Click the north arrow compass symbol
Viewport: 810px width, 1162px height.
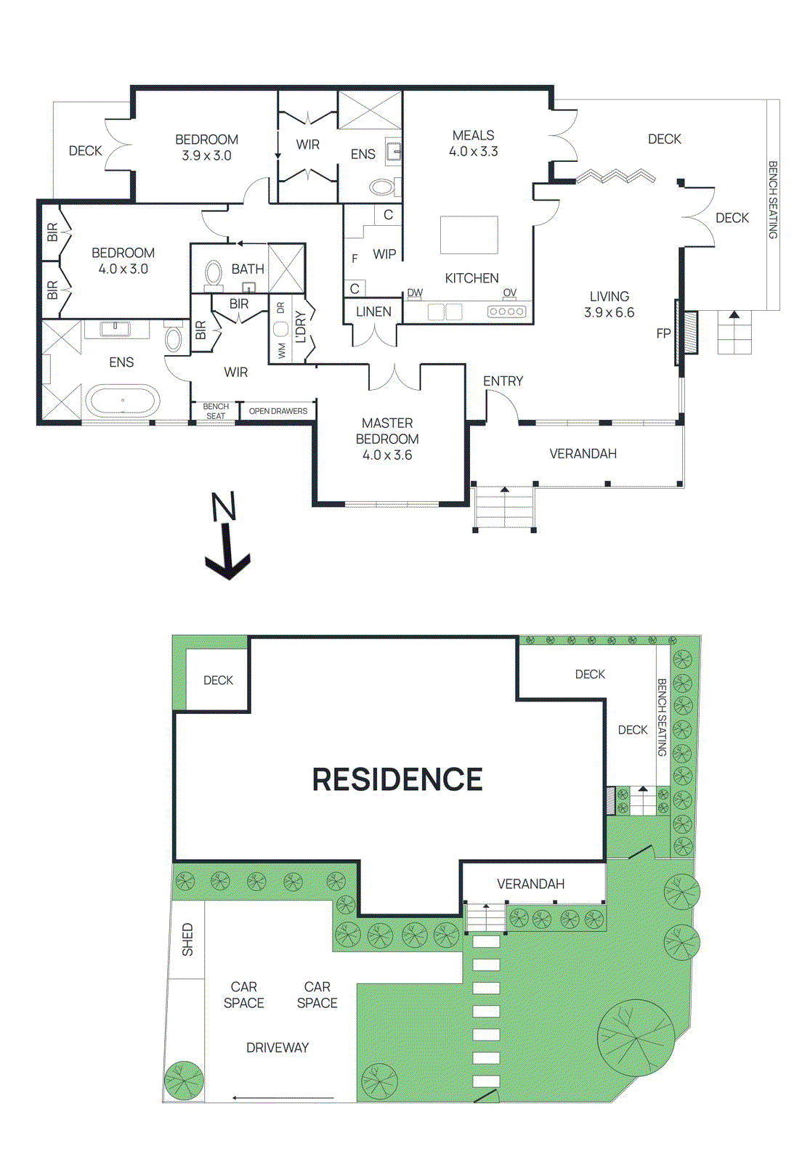(x=227, y=537)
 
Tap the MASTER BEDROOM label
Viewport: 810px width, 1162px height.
(x=387, y=431)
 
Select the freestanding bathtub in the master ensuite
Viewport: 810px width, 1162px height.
(x=122, y=399)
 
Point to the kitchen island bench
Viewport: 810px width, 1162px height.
(x=469, y=235)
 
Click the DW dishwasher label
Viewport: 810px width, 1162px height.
(x=415, y=293)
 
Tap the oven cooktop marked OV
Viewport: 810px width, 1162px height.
(x=507, y=312)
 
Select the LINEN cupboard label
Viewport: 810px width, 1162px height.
(x=373, y=312)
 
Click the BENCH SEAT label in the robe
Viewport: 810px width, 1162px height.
(x=216, y=411)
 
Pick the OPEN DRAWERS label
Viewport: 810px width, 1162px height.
(x=278, y=411)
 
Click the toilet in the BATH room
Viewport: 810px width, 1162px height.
(x=214, y=273)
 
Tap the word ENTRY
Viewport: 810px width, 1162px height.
(x=503, y=381)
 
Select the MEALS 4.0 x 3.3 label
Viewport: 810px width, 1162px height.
(x=474, y=143)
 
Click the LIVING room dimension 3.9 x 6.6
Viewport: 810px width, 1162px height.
(x=609, y=312)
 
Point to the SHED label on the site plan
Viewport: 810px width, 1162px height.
(x=187, y=939)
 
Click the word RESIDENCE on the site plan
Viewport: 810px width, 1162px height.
(x=397, y=779)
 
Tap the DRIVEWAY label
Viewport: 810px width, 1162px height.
(x=278, y=1047)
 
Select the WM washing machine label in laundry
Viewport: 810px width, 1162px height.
(x=282, y=352)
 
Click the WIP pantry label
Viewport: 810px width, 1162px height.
(x=384, y=254)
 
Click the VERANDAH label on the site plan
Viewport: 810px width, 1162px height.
(x=530, y=884)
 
